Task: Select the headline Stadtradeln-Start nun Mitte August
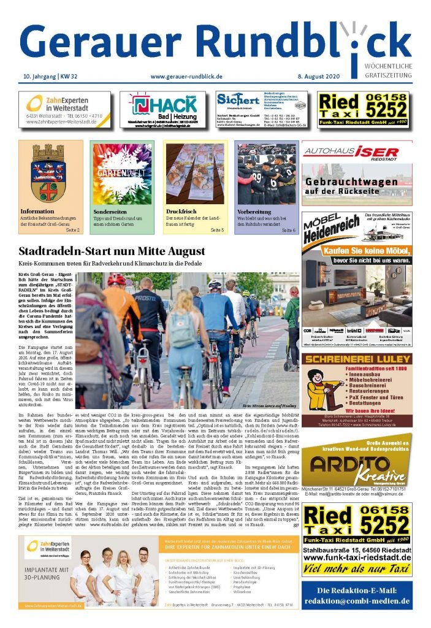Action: click(x=112, y=251)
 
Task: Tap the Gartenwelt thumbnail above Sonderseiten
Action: click(x=121, y=172)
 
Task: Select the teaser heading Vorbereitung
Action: click(x=254, y=212)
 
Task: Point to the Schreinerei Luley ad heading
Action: click(x=356, y=359)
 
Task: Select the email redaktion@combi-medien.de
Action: click(x=356, y=601)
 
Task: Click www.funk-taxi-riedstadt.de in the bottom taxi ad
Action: click(x=356, y=558)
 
